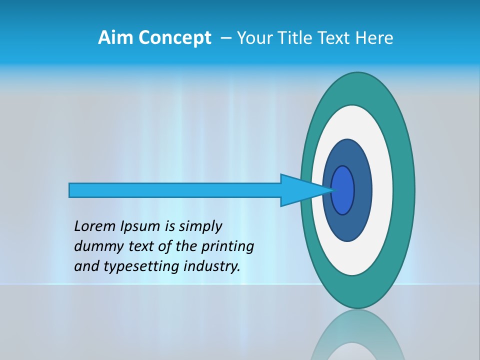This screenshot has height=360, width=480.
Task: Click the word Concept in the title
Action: click(175, 38)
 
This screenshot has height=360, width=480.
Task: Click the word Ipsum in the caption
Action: click(141, 226)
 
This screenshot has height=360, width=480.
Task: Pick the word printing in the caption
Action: click(227, 246)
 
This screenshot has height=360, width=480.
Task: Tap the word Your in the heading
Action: click(253, 38)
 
